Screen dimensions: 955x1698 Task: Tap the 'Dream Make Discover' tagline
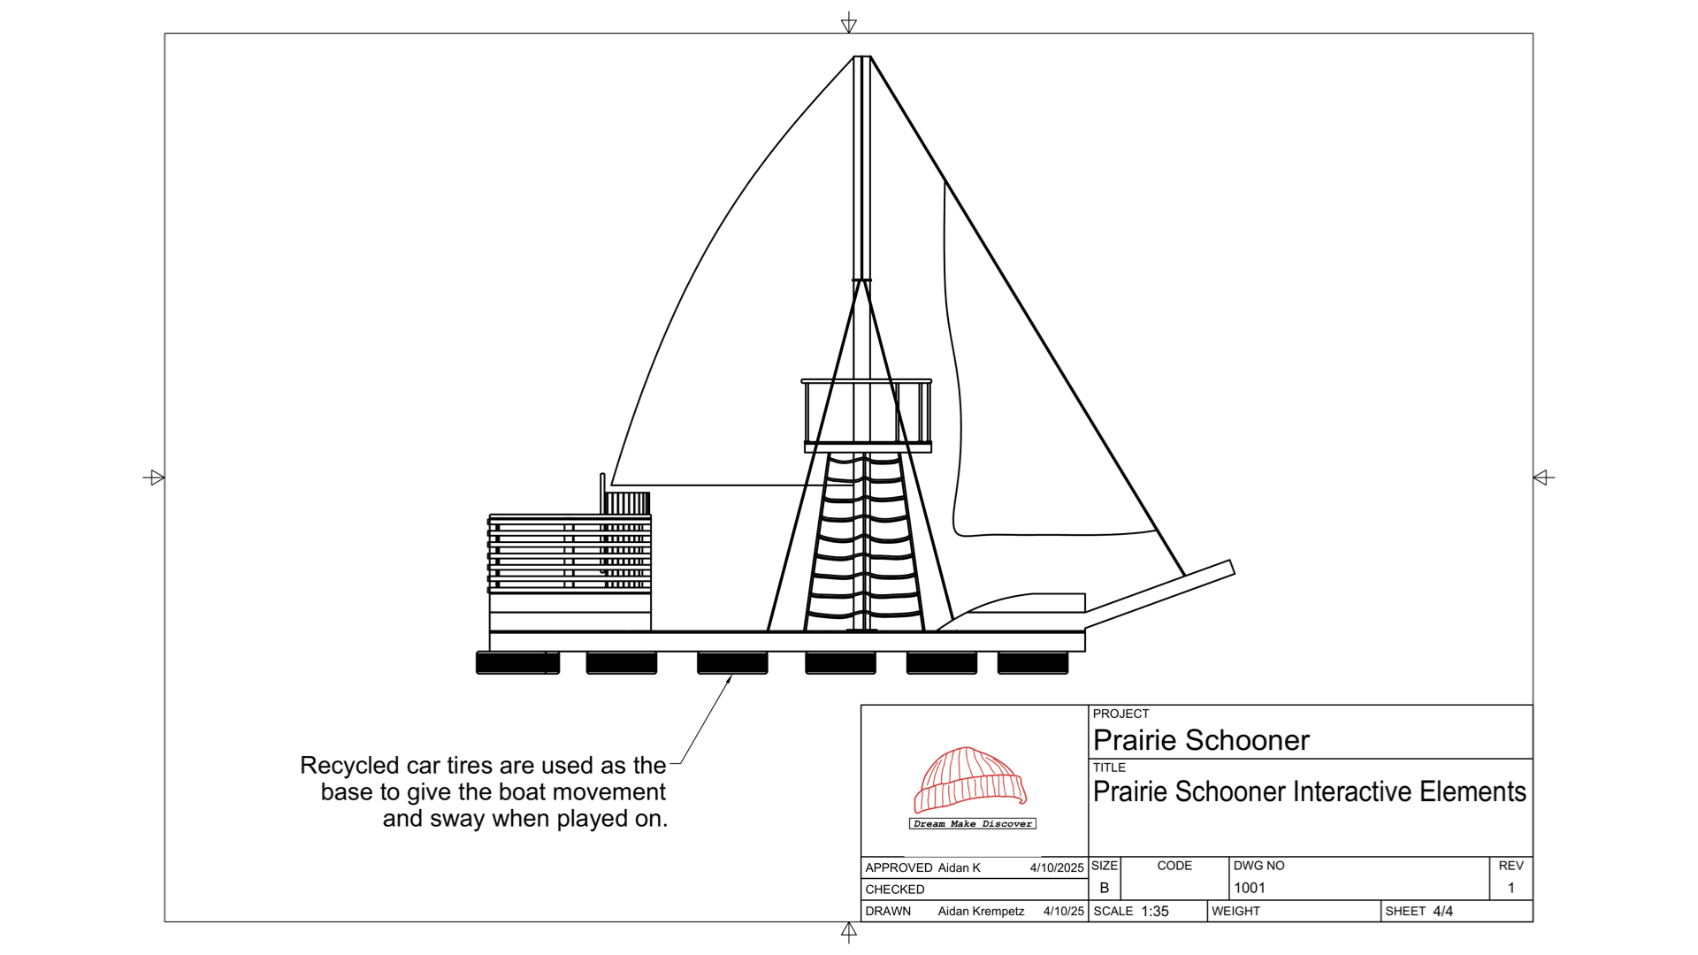pyautogui.click(x=972, y=823)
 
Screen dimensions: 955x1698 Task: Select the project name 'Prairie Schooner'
pyautogui.click(x=1200, y=740)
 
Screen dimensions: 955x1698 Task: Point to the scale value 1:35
pyautogui.click(x=1154, y=911)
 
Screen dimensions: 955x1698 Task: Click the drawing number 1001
pyautogui.click(x=1249, y=888)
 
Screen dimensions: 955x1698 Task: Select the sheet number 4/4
pyautogui.click(x=1442, y=911)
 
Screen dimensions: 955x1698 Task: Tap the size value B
pyautogui.click(x=1104, y=888)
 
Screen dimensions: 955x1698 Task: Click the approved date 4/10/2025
pyautogui.click(x=1056, y=868)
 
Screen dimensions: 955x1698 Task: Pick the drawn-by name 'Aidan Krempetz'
pyautogui.click(x=981, y=911)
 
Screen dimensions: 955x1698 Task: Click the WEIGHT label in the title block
pyautogui.click(x=1235, y=911)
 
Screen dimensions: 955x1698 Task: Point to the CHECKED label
pyautogui.click(x=894, y=890)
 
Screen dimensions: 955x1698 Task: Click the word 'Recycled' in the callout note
pyautogui.click(x=349, y=766)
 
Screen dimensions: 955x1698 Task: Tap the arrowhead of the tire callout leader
pyautogui.click(x=730, y=678)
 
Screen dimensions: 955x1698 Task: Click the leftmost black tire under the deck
pyautogui.click(x=517, y=662)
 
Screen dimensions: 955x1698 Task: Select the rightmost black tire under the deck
pyautogui.click(x=1032, y=662)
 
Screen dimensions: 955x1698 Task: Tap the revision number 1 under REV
pyautogui.click(x=1511, y=888)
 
